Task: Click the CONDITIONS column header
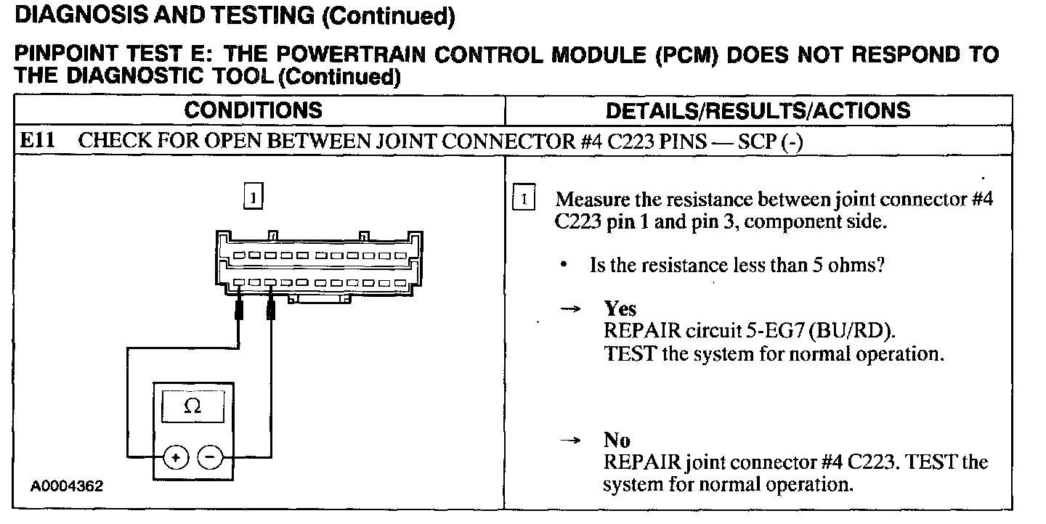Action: coord(253,110)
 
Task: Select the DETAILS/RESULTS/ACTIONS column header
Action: coord(758,110)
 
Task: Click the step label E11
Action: coord(36,141)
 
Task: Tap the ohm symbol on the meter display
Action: coord(192,407)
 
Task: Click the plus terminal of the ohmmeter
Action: coord(176,457)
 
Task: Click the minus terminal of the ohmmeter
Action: coord(210,457)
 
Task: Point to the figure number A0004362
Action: coord(66,486)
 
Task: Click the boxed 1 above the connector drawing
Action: coord(252,197)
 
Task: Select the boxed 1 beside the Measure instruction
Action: coord(523,198)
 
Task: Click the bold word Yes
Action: coord(620,308)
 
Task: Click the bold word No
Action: coord(617,440)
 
